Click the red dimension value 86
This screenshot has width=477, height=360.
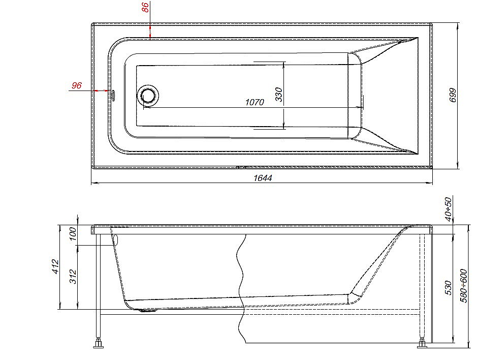[146, 7]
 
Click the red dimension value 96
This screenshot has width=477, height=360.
[77, 85]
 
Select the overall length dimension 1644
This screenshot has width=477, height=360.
[263, 177]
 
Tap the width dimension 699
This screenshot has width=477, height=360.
[453, 95]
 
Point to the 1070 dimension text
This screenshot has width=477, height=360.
[255, 102]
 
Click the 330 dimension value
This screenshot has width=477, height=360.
[278, 95]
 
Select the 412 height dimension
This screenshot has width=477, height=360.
[55, 266]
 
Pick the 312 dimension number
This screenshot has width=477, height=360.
[73, 277]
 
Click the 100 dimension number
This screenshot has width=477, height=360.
[73, 233]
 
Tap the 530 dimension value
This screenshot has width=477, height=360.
[448, 288]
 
